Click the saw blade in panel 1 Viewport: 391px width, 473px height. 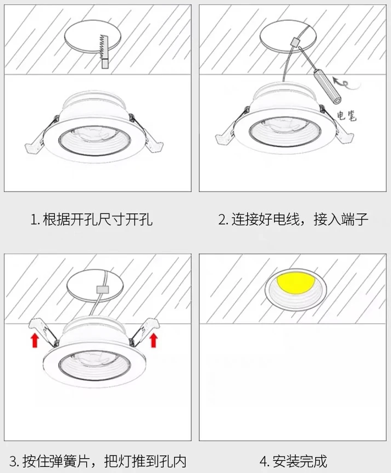click(104, 51)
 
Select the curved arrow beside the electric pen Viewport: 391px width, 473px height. click(346, 83)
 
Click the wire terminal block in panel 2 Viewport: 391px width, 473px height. click(294, 41)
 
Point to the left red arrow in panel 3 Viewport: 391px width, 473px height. click(35, 340)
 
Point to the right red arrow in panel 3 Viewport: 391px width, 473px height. click(154, 340)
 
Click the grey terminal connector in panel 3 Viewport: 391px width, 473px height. click(102, 290)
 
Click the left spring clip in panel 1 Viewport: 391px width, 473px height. click(36, 142)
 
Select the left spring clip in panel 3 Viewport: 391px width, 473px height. click(43, 331)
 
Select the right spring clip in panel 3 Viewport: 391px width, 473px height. click(144, 331)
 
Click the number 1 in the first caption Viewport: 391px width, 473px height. click(33, 219)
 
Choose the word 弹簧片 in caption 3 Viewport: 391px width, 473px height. click(70, 461)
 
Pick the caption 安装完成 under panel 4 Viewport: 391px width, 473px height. click(300, 461)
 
